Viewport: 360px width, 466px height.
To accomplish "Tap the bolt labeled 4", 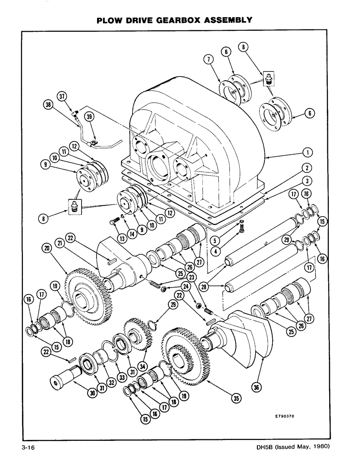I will [242, 229].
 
